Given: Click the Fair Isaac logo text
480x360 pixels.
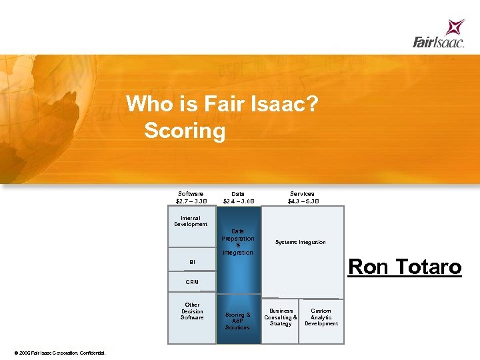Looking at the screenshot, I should point(437,43).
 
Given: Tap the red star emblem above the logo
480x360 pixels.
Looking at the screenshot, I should point(455,27).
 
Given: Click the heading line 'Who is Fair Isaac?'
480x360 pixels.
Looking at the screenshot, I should point(221,104).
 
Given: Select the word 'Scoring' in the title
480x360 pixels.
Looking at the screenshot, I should point(185,130).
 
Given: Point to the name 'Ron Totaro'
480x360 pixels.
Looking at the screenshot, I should point(405,267).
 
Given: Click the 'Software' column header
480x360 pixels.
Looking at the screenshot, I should point(191,194).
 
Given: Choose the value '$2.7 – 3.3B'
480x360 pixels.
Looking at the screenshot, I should point(191,201).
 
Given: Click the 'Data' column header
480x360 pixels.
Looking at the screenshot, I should point(238,194).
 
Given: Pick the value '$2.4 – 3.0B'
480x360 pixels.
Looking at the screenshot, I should point(238,201).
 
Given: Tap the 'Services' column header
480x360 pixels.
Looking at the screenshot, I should point(303,194).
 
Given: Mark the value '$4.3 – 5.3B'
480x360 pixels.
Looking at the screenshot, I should point(303,201).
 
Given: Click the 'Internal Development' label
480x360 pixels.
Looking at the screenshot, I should point(191,221).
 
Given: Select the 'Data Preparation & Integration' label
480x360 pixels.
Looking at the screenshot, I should point(238,242).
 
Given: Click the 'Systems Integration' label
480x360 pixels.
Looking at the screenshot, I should point(301,242).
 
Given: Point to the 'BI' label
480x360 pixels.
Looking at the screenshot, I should point(192,262).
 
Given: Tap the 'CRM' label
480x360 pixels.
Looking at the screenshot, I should point(192,282).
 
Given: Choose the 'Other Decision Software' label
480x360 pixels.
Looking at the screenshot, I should point(192,311).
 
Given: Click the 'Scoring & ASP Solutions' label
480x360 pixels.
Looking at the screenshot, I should point(238,321).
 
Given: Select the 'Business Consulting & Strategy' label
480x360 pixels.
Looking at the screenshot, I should point(281,317).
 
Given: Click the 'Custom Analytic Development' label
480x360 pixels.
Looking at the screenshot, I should point(321,317).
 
